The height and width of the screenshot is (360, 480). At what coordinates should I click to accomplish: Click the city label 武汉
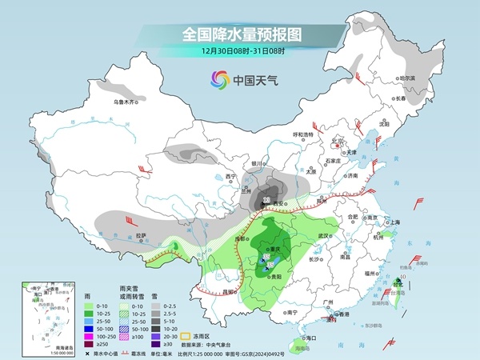tap(324, 235)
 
